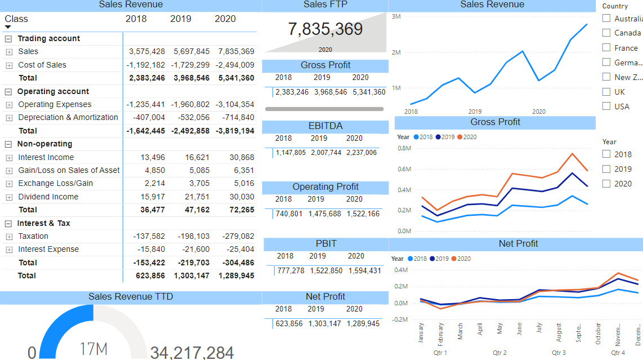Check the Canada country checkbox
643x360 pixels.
[606, 33]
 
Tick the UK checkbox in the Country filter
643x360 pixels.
[606, 92]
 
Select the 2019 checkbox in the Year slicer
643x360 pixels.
[606, 169]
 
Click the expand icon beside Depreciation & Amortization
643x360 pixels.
[9, 118]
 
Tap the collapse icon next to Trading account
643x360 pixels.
[8, 39]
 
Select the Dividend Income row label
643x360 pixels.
[48, 197]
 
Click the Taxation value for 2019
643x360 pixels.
[191, 236]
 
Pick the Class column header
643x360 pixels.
[16, 19]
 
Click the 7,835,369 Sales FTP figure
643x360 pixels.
[325, 29]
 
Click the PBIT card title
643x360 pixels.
[325, 243]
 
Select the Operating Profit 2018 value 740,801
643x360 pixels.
[289, 214]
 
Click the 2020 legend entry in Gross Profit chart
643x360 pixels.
[467, 137]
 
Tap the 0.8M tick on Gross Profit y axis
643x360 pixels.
[404, 148]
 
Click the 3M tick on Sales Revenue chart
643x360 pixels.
[396, 16]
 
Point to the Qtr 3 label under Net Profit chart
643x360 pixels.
[559, 353]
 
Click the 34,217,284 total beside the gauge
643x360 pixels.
[192, 353]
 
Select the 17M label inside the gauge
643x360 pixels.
[93, 349]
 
